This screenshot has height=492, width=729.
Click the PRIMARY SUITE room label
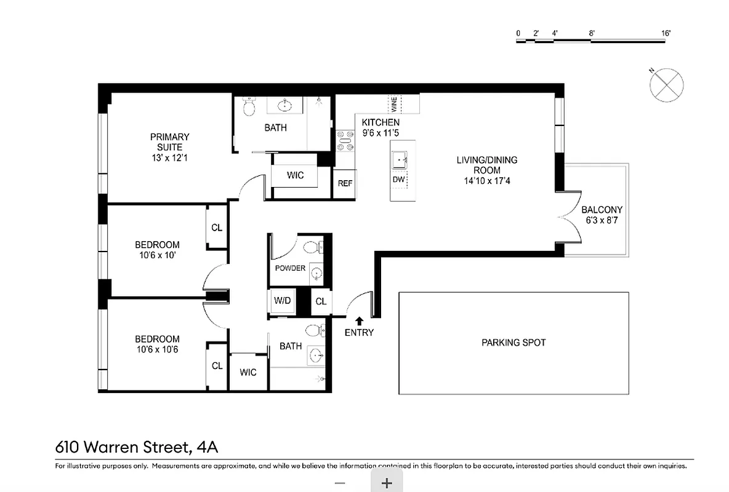click(x=169, y=142)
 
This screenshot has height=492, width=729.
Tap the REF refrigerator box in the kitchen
click(x=345, y=183)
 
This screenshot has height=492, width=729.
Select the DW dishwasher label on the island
click(x=398, y=180)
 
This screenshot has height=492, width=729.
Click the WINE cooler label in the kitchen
click(x=394, y=103)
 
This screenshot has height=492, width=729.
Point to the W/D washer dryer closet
click(x=283, y=301)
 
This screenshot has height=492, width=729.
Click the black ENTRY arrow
click(x=358, y=320)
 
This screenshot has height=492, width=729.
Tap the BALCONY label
click(x=602, y=210)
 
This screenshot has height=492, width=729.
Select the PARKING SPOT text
click(x=514, y=343)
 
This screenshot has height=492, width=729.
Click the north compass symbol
click(x=667, y=84)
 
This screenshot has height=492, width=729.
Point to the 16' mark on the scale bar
click(x=666, y=33)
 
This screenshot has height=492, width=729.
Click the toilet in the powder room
click(x=312, y=248)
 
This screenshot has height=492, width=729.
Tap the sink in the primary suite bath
click(x=284, y=106)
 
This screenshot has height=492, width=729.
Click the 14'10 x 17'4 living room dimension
click(x=486, y=181)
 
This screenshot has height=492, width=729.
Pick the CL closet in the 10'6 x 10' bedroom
click(x=217, y=228)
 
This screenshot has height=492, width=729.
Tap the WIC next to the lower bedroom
click(x=248, y=372)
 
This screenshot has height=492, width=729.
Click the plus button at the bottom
click(x=387, y=483)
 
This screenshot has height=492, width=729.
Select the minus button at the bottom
click(x=339, y=483)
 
